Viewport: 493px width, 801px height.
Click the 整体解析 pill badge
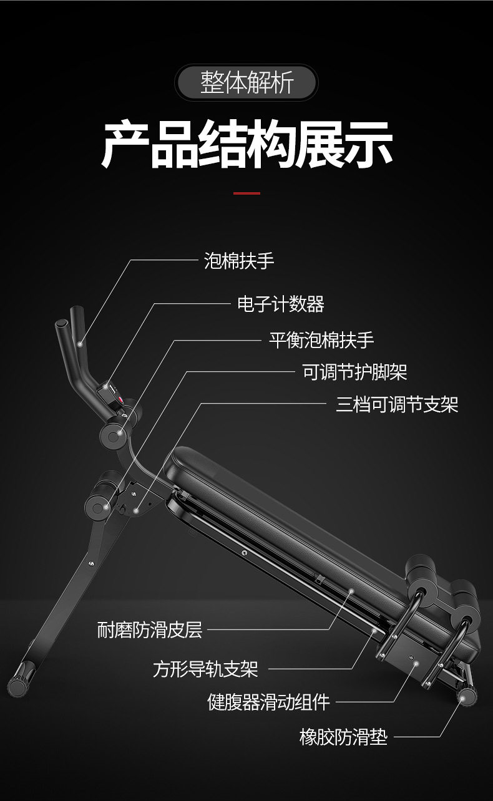click(246, 83)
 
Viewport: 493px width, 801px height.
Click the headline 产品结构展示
click(246, 145)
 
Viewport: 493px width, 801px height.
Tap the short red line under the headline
click(246, 193)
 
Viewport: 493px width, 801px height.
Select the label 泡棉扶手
click(239, 260)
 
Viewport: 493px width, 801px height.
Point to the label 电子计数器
click(281, 304)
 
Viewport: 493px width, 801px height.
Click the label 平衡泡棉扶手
click(321, 340)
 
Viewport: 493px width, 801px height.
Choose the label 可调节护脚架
click(354, 372)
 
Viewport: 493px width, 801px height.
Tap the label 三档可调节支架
click(397, 404)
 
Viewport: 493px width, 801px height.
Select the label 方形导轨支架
click(205, 669)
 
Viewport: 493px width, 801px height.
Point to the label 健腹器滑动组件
click(268, 702)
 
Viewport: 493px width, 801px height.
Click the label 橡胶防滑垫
click(343, 737)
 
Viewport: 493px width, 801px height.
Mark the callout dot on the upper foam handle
click(80, 342)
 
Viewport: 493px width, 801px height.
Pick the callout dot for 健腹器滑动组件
click(416, 663)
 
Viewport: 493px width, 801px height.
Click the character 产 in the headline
click(125, 145)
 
